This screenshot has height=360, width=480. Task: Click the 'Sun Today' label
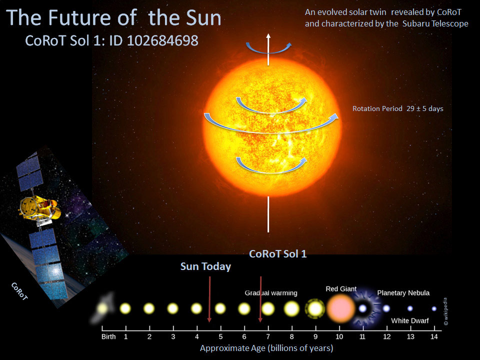(205, 266)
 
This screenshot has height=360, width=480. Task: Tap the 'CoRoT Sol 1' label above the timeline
(277, 254)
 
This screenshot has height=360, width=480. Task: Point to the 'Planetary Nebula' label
(403, 293)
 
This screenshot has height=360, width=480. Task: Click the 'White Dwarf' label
(409, 320)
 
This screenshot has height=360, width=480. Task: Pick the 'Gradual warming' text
(271, 293)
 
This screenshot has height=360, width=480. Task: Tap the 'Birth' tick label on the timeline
(108, 336)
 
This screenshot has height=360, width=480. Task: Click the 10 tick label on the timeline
(339, 336)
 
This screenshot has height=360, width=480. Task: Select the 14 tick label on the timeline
(434, 336)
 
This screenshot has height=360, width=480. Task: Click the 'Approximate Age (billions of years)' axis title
(266, 348)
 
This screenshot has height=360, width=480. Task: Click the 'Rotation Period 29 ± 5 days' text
(398, 108)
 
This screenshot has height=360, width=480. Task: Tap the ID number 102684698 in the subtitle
(163, 41)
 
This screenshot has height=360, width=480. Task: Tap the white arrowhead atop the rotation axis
(268, 35)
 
